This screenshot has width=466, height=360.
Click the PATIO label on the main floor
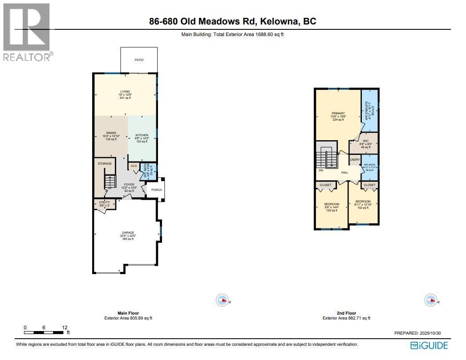click(139, 60)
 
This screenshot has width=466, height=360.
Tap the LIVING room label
click(125, 92)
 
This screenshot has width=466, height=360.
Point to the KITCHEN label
click(142, 135)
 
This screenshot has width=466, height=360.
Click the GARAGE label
click(128, 233)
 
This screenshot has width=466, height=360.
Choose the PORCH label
click(157, 190)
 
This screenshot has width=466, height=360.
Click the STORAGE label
click(105, 164)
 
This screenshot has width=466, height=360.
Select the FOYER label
click(129, 184)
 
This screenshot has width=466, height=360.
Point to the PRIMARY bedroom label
click(338, 113)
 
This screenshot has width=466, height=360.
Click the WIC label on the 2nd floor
click(366, 141)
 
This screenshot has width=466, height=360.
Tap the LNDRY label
click(355, 159)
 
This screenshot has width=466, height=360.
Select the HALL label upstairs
click(345, 173)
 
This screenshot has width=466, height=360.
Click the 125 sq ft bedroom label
click(332, 204)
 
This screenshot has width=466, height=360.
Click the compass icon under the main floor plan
click(222, 300)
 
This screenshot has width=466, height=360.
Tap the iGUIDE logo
click(429, 345)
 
